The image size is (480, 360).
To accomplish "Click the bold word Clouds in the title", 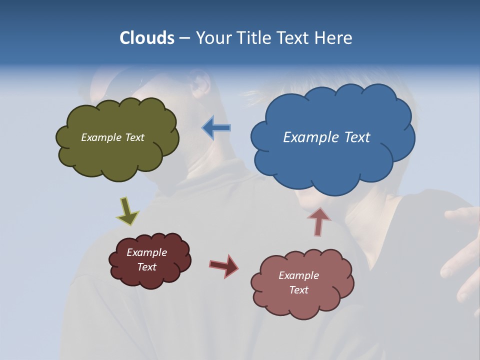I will (x=147, y=38).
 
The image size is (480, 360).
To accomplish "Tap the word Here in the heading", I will (x=334, y=38).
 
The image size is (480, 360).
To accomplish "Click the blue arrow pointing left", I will (x=216, y=128).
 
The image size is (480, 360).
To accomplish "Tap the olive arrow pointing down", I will (x=127, y=211).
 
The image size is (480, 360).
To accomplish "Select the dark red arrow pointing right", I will (x=224, y=265).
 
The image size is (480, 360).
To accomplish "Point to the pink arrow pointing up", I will (x=318, y=221).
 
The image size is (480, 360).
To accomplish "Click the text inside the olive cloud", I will (x=112, y=137).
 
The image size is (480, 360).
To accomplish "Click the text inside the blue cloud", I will (x=326, y=137).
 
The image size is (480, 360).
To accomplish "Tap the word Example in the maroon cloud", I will (x=146, y=252).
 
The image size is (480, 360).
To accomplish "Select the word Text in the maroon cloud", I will (x=146, y=267).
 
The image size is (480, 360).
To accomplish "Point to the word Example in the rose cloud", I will (x=298, y=275).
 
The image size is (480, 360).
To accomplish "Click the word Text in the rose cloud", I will (x=298, y=290).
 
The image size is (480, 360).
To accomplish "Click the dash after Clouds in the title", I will (x=184, y=38).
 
